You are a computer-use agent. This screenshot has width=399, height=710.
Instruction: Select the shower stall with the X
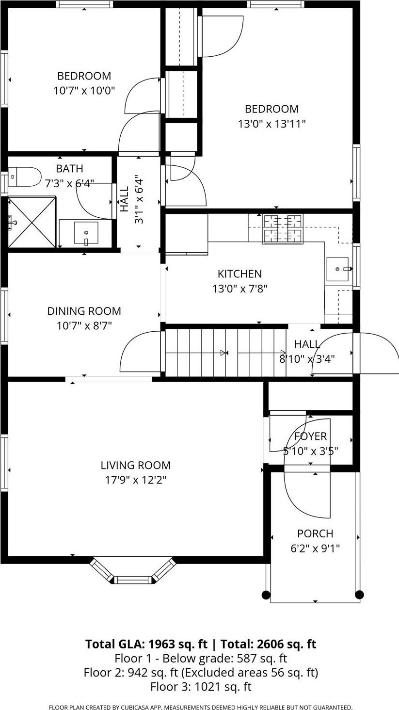[32, 222]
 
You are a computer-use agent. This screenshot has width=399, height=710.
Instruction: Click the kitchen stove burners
[282, 228]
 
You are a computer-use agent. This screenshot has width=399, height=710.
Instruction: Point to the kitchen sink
[337, 269]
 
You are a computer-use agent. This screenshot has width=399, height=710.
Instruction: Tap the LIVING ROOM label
[135, 465]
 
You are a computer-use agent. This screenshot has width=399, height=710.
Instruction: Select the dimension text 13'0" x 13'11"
[271, 124]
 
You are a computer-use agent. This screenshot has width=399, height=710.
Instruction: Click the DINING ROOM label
[84, 311]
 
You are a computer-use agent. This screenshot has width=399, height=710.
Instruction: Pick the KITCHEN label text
[239, 274]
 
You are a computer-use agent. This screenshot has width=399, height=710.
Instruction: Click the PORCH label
[315, 533]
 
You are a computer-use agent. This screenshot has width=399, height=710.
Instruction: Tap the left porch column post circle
[266, 595]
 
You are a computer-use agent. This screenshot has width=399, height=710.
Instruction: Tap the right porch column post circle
[359, 595]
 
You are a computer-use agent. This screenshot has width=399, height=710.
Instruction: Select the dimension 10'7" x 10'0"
[84, 90]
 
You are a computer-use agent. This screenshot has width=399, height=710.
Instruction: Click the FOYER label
[310, 436]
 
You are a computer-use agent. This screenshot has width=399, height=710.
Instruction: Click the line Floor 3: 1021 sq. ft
[201, 687]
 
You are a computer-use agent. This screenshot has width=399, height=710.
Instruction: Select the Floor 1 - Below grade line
[201, 659]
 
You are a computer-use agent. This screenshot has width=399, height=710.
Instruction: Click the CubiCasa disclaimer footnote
[201, 708]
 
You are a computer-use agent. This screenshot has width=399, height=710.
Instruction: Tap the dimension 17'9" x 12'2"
[135, 480]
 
